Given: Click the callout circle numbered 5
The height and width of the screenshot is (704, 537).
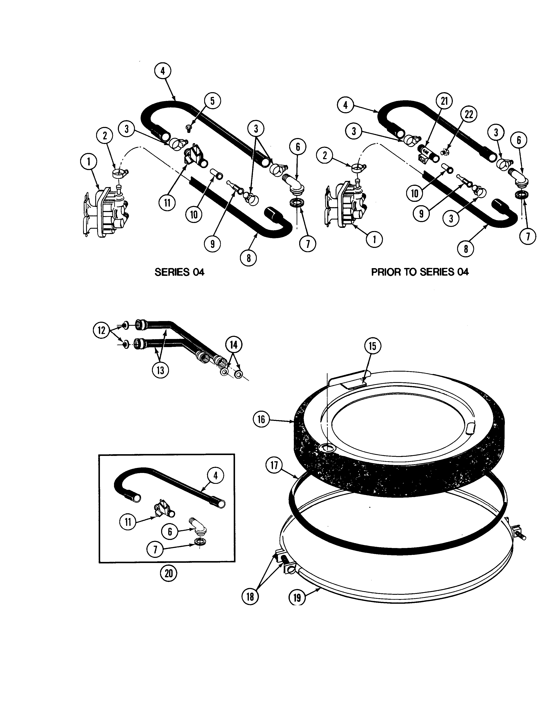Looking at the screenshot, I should (212, 101).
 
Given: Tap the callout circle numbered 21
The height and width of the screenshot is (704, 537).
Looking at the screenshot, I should (444, 101).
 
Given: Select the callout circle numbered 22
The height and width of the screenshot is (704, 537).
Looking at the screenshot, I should (469, 114).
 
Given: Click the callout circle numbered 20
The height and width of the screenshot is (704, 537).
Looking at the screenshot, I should (168, 573).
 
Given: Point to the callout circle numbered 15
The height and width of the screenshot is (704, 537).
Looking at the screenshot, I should (373, 346).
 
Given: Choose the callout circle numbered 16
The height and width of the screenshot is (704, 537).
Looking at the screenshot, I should (261, 419).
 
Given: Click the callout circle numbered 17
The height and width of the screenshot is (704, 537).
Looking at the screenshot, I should (274, 465).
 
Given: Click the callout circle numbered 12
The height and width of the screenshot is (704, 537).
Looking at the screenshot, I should (101, 330).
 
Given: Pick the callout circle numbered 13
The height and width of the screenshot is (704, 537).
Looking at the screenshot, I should (160, 370).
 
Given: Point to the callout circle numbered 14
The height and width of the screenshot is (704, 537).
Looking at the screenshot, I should (234, 345).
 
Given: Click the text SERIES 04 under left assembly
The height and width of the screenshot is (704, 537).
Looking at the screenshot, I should (179, 272).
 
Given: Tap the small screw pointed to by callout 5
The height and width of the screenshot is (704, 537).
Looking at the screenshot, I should (188, 128).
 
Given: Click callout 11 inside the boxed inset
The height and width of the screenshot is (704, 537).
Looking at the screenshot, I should (128, 522).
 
